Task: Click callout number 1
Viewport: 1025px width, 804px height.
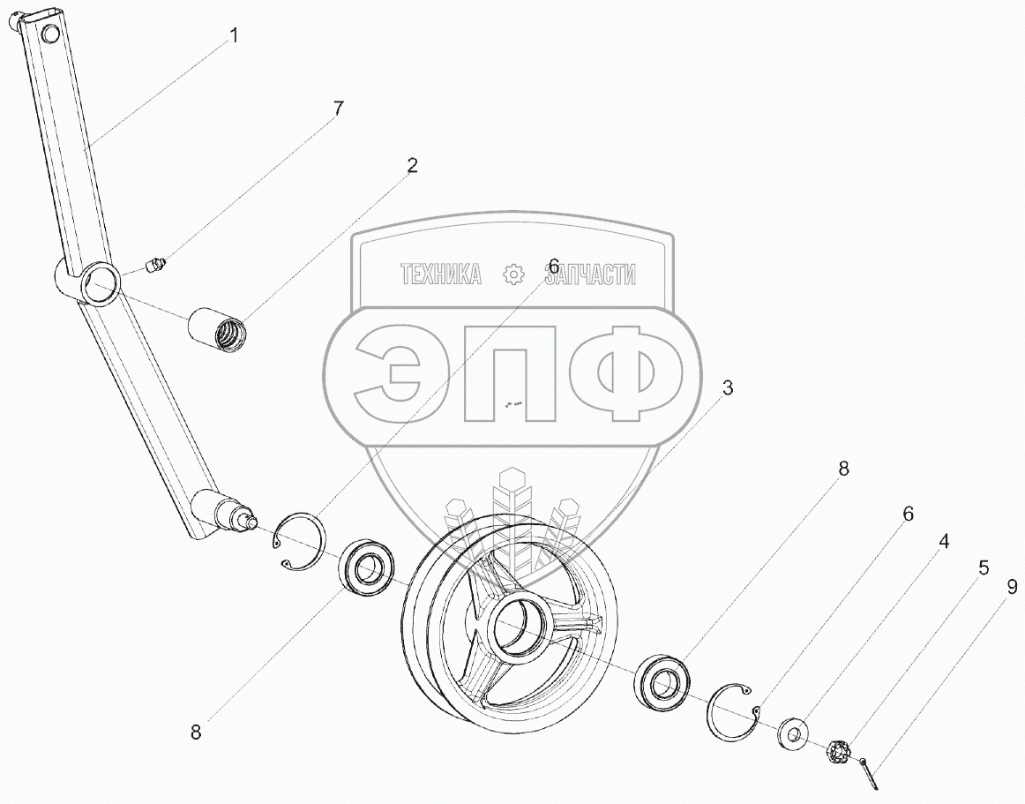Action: pyautogui.click(x=234, y=35)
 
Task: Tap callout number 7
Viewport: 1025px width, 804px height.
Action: pyautogui.click(x=337, y=109)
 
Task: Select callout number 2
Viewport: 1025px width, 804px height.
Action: pyautogui.click(x=411, y=166)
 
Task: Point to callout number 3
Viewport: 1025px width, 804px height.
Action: pyautogui.click(x=728, y=388)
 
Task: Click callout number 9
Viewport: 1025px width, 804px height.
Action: pyautogui.click(x=1012, y=588)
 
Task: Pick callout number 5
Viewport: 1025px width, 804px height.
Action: pyautogui.click(x=984, y=567)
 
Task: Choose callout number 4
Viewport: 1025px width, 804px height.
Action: pyautogui.click(x=943, y=542)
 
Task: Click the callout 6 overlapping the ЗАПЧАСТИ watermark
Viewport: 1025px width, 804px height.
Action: pyautogui.click(x=554, y=267)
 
